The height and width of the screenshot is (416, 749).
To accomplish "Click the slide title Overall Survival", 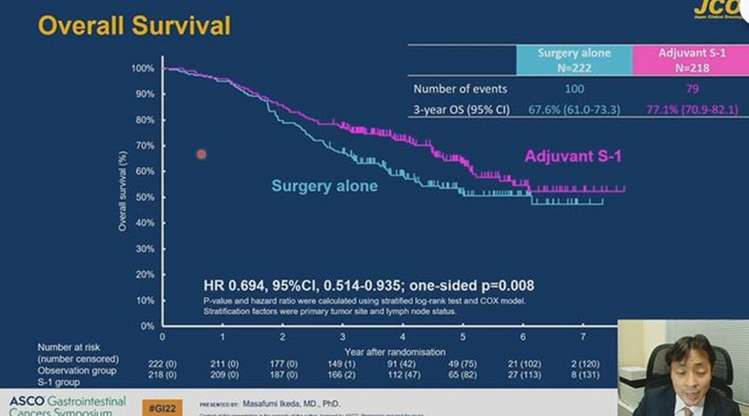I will (x=134, y=26).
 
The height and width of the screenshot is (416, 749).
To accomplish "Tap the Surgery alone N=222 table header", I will (x=574, y=60).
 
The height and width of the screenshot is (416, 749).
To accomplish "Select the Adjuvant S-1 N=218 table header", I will (x=690, y=60).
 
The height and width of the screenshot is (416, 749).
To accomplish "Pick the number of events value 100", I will (x=574, y=89).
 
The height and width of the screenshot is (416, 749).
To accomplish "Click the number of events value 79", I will (x=690, y=89).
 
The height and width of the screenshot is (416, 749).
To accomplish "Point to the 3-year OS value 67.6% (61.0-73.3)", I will (x=574, y=110).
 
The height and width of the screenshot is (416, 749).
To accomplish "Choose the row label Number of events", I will (x=460, y=89).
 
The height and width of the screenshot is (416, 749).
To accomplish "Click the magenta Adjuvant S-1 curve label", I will (x=572, y=157).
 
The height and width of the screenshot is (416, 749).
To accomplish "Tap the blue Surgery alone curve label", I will (x=324, y=186).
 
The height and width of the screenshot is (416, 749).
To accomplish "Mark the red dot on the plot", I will (x=201, y=155).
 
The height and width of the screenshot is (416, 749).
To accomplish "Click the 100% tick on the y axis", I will (x=143, y=68).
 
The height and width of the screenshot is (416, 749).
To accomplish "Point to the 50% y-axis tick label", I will (x=145, y=197).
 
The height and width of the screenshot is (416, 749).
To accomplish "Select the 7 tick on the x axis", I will (x=582, y=336).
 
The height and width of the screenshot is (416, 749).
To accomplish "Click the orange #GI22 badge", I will (x=162, y=404).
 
